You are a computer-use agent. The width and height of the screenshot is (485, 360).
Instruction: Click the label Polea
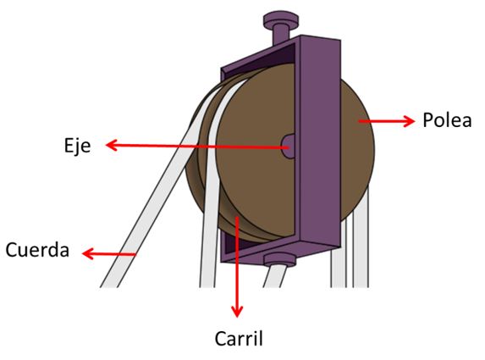pos(447,120)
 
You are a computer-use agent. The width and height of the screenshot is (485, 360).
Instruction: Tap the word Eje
pos(77,146)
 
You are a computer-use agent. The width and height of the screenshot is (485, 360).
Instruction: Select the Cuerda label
pos(37,250)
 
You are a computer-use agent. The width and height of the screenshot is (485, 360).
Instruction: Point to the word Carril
pos(239,338)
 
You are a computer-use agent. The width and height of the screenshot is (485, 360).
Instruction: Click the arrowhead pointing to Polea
pos(409,121)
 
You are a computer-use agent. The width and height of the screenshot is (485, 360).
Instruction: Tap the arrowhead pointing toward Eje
pos(112,145)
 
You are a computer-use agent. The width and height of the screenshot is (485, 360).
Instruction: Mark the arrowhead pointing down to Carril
pos(237,312)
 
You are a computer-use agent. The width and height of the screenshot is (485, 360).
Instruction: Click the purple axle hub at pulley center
pos(289,146)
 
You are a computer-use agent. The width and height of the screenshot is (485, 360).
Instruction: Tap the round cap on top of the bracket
pos(281,19)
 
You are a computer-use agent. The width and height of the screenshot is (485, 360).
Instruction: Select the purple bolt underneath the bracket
pos(280,259)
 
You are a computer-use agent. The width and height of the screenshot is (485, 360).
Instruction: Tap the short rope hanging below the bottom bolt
pos(274,276)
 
